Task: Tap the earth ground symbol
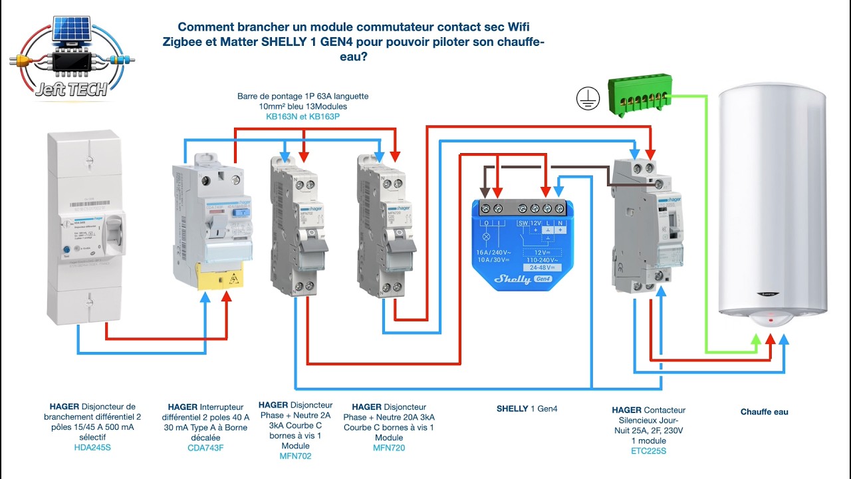(x=588, y=98)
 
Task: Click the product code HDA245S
(x=92, y=448)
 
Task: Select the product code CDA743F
(x=205, y=448)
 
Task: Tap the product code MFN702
(x=296, y=456)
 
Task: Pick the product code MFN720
(x=389, y=448)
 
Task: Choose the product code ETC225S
(x=648, y=451)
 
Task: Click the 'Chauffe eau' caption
(x=764, y=412)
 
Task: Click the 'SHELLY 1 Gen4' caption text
(x=527, y=408)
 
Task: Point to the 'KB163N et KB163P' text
(x=303, y=116)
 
